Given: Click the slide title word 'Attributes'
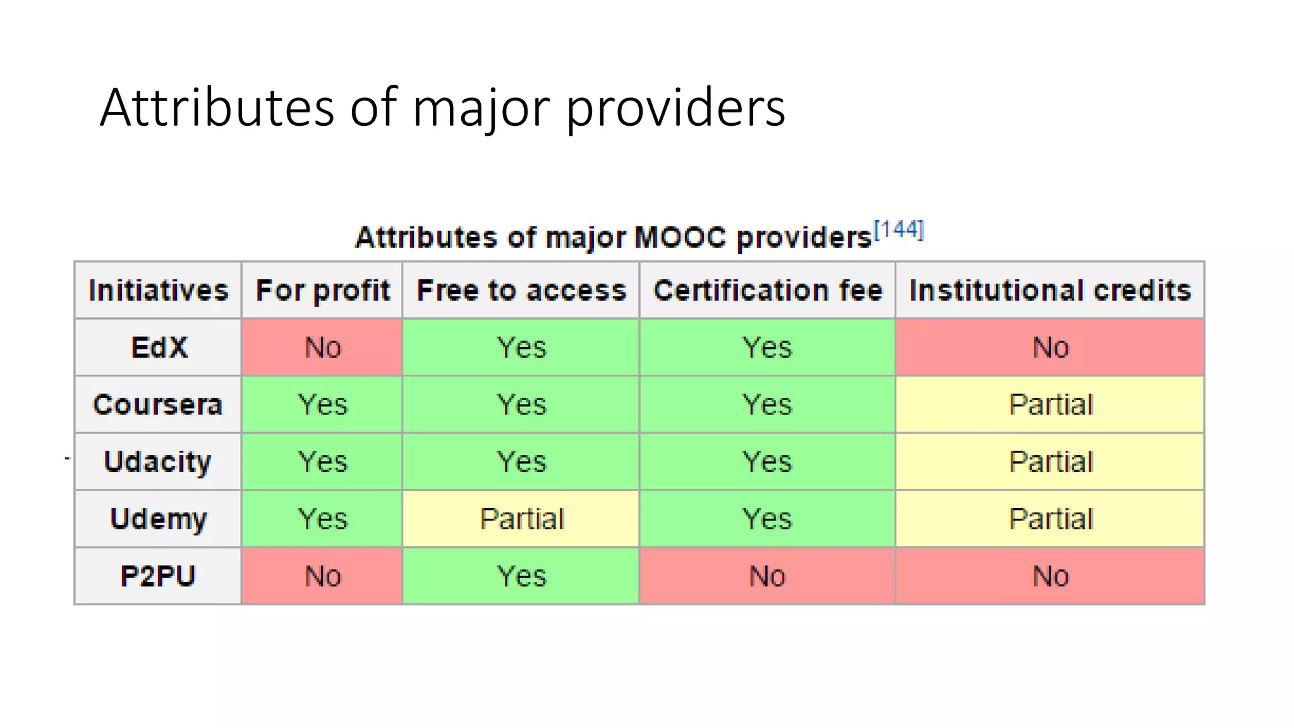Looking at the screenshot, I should click(217, 107).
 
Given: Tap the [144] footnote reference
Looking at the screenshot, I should click(898, 229).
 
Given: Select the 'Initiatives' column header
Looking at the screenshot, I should click(158, 290).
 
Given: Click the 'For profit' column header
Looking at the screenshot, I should click(322, 290).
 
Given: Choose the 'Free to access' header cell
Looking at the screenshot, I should click(521, 290).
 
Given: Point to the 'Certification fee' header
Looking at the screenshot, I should click(768, 290).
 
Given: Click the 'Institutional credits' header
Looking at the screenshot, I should click(1050, 290).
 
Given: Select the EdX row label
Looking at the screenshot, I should click(159, 348).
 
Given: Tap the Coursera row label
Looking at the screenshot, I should click(158, 404).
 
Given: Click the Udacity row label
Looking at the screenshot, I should click(158, 461).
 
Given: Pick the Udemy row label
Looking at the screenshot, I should click(158, 519).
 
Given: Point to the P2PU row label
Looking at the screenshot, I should click(158, 576).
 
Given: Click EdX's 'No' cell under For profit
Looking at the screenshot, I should click(323, 348).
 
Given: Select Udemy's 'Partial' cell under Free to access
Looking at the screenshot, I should click(522, 519).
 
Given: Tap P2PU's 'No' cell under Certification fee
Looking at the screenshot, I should click(767, 576).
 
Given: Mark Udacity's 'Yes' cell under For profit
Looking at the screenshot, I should click(323, 461).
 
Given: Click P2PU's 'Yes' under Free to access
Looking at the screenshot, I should click(521, 576).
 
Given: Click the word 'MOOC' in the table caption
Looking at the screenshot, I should click(680, 238).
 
